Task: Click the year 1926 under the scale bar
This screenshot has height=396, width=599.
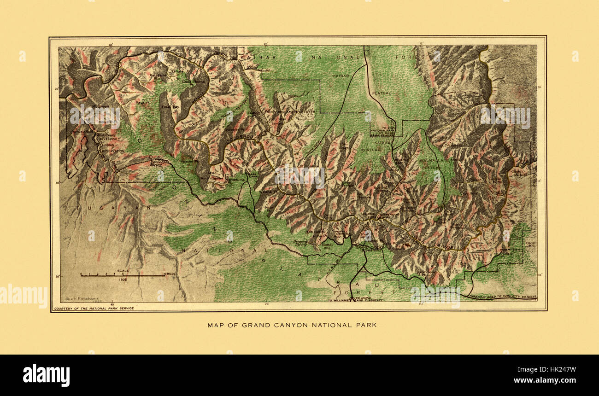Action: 123,279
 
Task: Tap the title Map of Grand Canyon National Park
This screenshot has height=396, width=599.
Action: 292,325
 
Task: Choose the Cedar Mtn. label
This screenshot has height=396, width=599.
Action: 531,244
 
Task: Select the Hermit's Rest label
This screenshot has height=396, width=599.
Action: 327,246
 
